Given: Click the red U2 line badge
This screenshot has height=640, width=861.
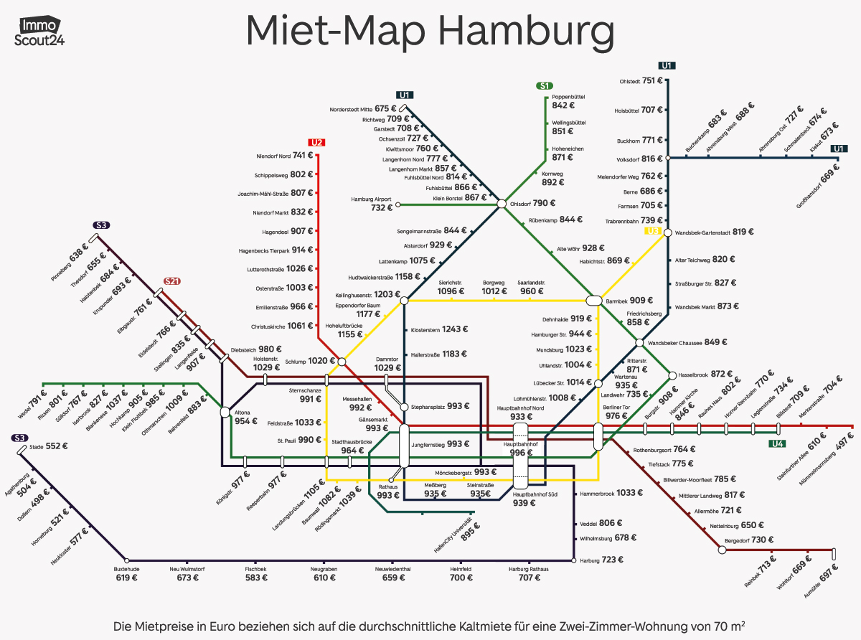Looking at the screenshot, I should tap(316, 141).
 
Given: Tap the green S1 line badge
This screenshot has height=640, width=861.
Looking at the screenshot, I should tap(545, 86).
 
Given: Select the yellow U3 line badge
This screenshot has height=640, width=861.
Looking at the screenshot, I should tap(652, 230).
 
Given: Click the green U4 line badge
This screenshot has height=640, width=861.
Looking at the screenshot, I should tap(777, 444).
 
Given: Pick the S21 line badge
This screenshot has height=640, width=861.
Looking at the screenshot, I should tap(171, 281).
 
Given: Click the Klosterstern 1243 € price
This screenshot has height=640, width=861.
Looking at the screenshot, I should tap(438, 330).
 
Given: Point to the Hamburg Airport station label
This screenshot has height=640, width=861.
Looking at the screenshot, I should tap(371, 203).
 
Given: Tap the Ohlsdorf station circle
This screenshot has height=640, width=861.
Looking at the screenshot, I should tap(502, 204).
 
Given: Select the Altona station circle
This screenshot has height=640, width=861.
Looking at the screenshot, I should tap(225, 412).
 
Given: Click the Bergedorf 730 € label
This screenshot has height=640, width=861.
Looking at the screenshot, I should tap(750, 540).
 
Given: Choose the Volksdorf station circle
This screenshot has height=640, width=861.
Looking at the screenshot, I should tap(667, 158).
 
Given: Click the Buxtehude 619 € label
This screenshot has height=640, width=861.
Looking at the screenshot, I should tap(127, 572).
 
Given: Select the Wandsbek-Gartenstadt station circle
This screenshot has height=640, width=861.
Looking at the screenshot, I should tap(667, 232).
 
